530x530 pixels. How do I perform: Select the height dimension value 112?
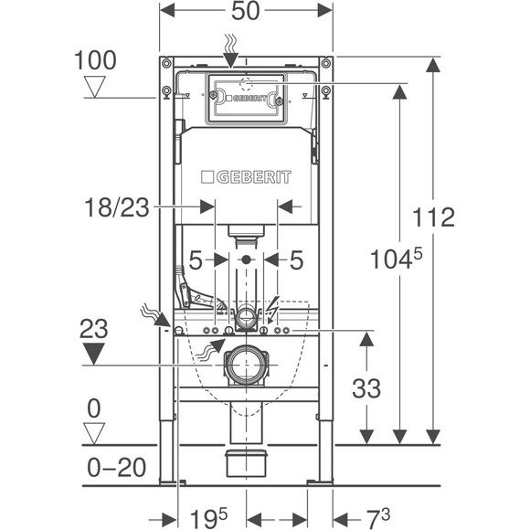[434, 218]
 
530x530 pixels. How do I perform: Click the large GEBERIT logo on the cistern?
[246, 175]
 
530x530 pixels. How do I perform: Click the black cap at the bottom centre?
[245, 461]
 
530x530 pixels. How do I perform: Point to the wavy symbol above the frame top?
[232, 42]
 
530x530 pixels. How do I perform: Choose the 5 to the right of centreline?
[296, 260]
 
